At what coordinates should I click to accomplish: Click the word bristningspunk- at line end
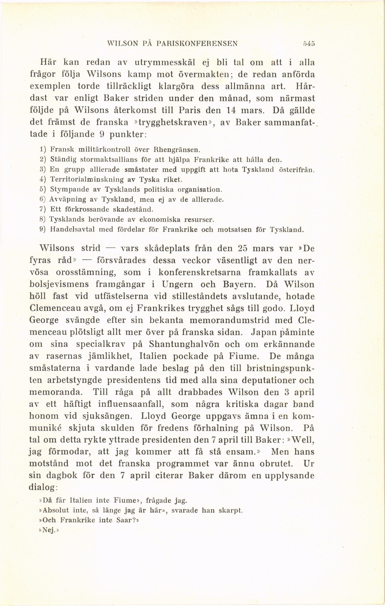[280, 368]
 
